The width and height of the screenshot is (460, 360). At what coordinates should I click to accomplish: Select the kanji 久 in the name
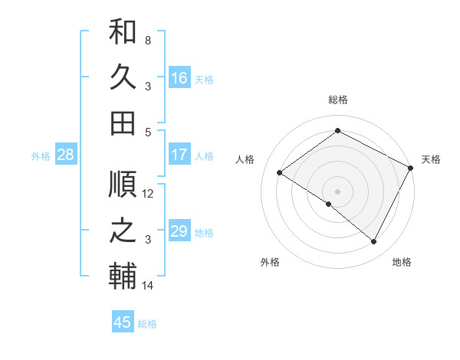click(x=123, y=77)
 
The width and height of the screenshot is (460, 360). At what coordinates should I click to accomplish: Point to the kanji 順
click(x=123, y=186)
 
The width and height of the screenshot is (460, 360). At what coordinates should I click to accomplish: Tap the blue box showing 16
click(x=179, y=78)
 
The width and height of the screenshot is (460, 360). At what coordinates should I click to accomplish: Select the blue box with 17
click(x=179, y=155)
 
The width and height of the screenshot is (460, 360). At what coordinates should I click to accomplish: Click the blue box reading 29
click(x=179, y=231)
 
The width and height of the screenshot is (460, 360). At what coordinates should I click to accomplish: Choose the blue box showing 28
click(x=66, y=155)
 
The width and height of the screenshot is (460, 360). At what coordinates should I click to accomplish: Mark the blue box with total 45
click(x=123, y=322)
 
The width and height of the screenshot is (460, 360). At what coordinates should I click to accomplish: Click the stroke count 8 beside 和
click(x=148, y=39)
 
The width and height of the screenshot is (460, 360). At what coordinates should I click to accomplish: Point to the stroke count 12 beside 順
click(x=148, y=194)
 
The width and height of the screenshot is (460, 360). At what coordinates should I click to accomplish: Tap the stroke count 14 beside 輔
click(x=148, y=286)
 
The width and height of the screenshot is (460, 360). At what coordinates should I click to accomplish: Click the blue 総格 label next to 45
click(x=147, y=324)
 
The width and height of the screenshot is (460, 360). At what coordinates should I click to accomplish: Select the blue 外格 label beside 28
click(x=41, y=156)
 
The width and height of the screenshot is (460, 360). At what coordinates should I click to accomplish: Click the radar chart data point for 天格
click(x=411, y=168)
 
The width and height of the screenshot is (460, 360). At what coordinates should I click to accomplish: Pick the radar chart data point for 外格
click(x=329, y=205)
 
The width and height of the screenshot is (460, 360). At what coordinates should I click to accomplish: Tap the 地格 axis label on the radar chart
click(x=402, y=263)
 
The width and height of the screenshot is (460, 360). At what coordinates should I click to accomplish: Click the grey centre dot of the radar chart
click(x=337, y=190)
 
